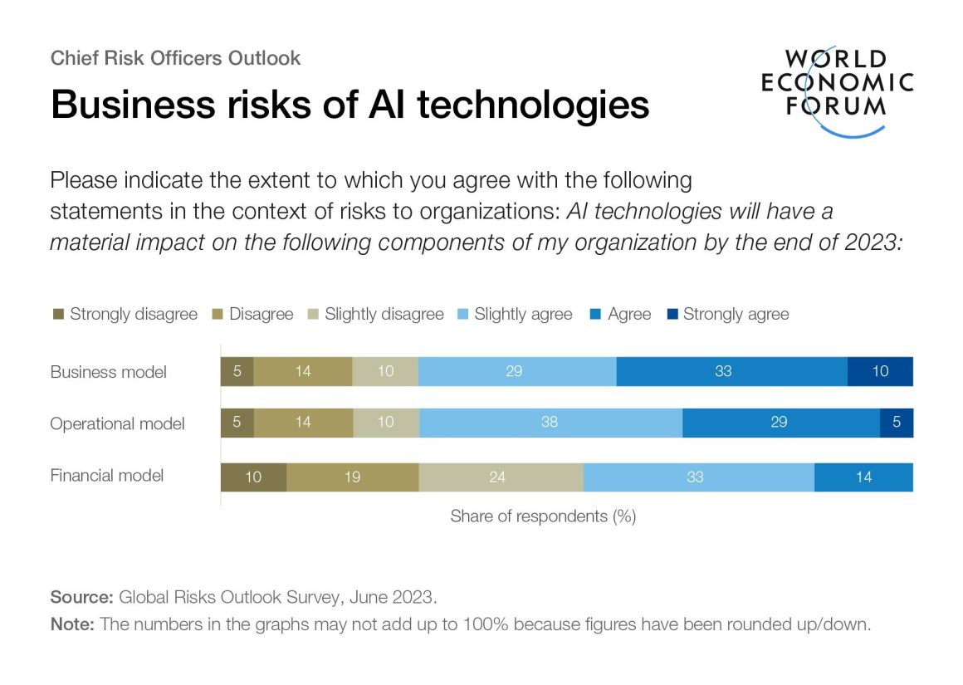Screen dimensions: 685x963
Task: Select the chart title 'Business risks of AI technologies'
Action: (350, 105)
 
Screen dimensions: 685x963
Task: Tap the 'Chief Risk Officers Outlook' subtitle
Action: (175, 58)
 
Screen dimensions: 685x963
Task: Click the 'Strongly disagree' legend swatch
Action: (58, 315)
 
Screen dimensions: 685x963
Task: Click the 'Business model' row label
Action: (108, 372)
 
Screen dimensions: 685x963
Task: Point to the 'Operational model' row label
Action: (117, 423)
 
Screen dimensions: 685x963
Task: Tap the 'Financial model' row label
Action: (107, 476)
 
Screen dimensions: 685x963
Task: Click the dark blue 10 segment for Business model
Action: (880, 371)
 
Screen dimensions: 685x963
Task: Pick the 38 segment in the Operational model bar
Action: (550, 423)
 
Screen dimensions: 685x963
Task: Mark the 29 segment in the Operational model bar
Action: (780, 423)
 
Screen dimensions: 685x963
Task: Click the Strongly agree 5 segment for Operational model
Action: (897, 423)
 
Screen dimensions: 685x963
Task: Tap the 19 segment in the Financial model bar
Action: (352, 477)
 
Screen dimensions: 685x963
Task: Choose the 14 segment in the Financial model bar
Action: (863, 477)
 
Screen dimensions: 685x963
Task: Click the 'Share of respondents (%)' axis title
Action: (543, 516)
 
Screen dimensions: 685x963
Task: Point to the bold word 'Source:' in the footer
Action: (82, 597)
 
